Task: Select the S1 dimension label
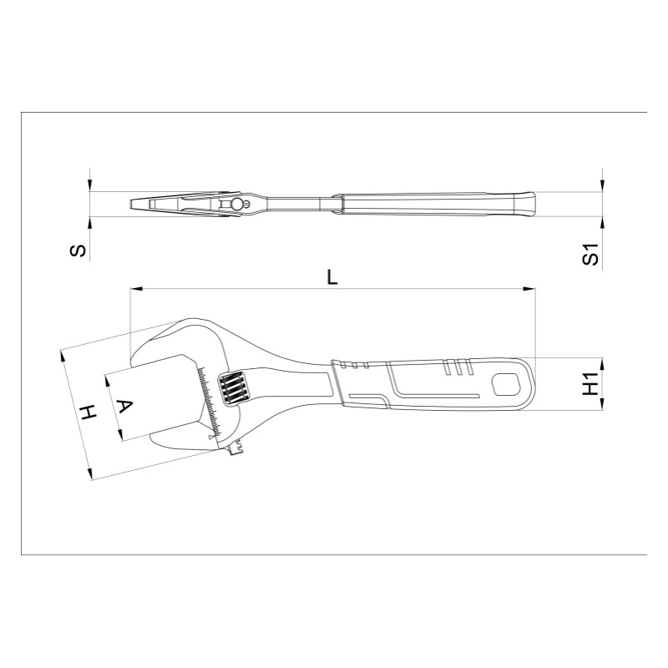(x=590, y=256)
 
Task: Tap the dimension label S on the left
(x=77, y=250)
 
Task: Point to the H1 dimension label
(x=590, y=384)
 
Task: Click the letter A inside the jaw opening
(x=123, y=407)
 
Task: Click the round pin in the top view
(x=237, y=204)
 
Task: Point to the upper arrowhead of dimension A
(x=106, y=378)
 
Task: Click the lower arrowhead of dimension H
(x=90, y=473)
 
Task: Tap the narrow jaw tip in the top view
(x=138, y=204)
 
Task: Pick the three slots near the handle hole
(x=458, y=366)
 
